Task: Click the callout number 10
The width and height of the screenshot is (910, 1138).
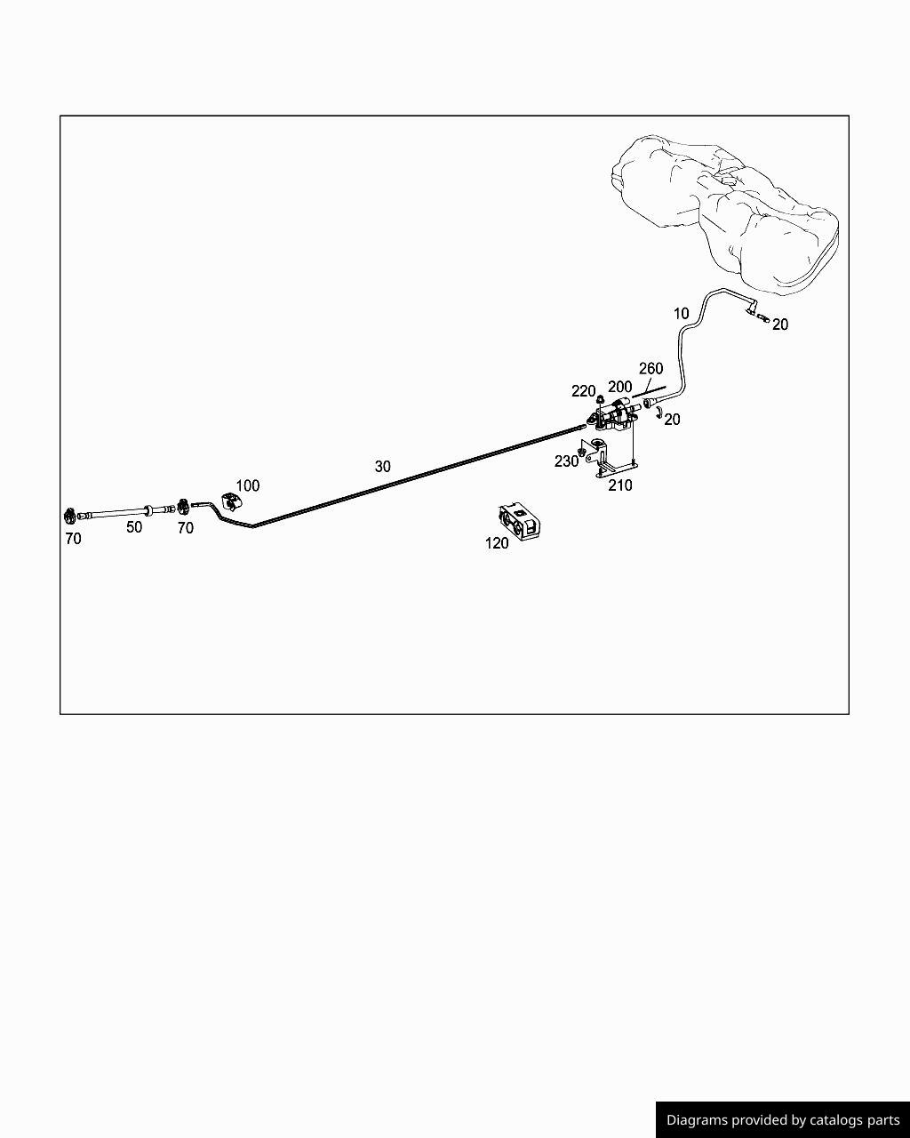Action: pyautogui.click(x=682, y=313)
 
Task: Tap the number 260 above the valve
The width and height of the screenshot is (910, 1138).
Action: pyautogui.click(x=651, y=368)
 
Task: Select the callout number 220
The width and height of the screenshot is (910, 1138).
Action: pyautogui.click(x=583, y=391)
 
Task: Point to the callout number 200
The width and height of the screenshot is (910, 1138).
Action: pyautogui.click(x=620, y=387)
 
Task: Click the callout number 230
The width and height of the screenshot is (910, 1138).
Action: pyautogui.click(x=566, y=461)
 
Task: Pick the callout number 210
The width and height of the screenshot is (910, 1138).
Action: pyautogui.click(x=620, y=485)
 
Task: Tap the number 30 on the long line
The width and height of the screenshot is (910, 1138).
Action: pyautogui.click(x=382, y=466)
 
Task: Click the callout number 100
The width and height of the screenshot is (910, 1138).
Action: pyautogui.click(x=248, y=485)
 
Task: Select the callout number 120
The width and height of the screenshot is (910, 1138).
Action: pyautogui.click(x=497, y=543)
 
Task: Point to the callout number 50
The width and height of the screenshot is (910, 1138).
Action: pyautogui.click(x=134, y=527)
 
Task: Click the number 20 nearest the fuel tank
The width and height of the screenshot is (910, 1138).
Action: pyautogui.click(x=779, y=325)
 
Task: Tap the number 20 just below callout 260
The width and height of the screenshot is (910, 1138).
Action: pyautogui.click(x=672, y=420)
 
